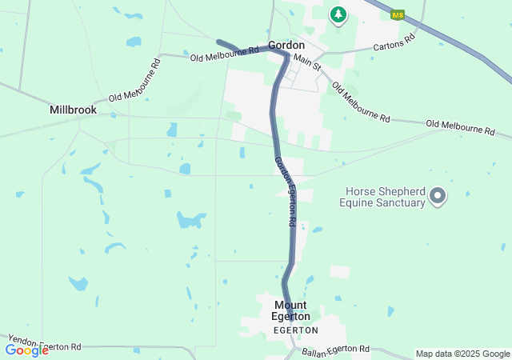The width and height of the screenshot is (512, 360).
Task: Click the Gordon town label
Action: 286,46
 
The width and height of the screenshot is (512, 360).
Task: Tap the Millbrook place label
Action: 73,110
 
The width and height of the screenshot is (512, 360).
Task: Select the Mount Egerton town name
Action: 292,310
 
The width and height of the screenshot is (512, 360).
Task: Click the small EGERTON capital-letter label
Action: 295,330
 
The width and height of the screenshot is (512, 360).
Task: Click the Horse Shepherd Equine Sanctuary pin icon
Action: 438,195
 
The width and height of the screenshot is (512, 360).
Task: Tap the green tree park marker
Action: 338,14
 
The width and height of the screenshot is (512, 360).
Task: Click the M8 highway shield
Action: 397,14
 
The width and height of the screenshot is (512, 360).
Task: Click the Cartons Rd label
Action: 394,42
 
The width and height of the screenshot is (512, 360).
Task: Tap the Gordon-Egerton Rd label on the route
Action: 286,191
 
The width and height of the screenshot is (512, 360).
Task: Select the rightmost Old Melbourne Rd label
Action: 461,126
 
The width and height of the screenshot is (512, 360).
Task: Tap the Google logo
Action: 26,350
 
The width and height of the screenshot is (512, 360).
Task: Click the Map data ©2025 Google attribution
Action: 462,354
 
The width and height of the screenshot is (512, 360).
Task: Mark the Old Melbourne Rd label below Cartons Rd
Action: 360,102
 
